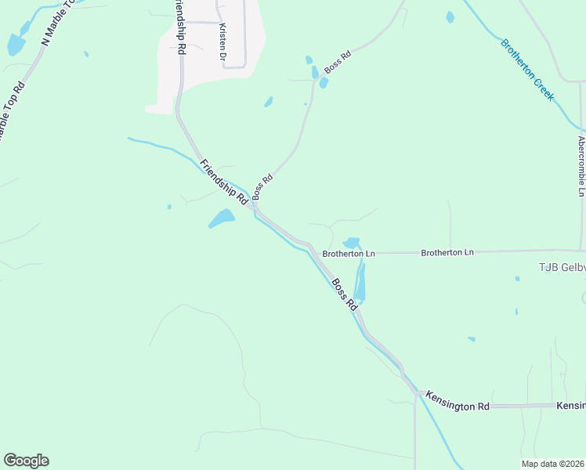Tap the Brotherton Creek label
pos(527,69)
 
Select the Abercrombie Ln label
pos(581,167)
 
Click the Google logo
pos(26,461)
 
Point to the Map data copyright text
pos(552,463)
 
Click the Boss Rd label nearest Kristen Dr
pos(337,62)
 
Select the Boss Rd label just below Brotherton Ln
pos(344,295)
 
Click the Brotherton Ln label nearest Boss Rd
pos(349,254)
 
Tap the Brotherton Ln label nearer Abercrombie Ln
pos(447,252)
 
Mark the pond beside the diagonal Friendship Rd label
pos(222,218)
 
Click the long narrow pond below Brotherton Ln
pos(360,282)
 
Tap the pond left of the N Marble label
pos(16,45)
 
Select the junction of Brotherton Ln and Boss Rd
pos(323,254)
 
